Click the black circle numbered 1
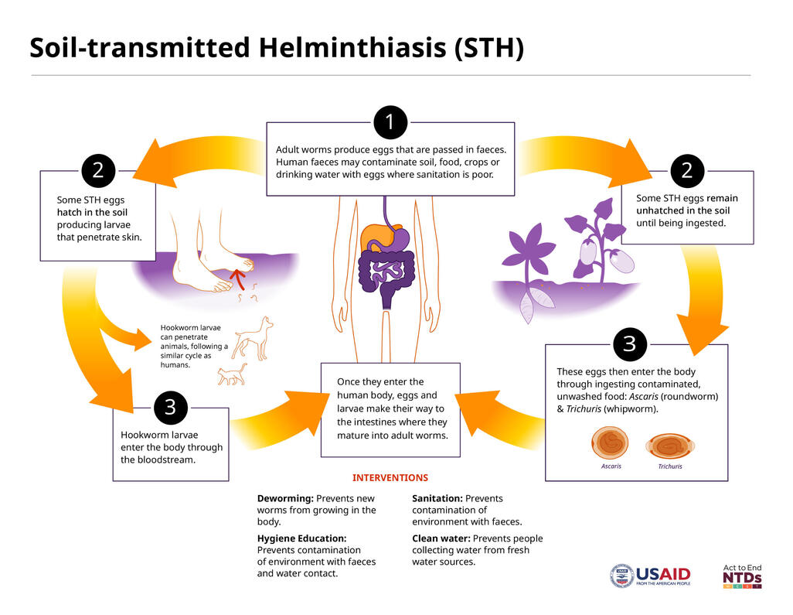[x=390, y=122]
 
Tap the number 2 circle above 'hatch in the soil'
[x=98, y=171]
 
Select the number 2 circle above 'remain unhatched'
[x=686, y=171]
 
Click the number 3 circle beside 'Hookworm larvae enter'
[x=170, y=408]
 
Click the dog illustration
[x=253, y=338]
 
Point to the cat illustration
[x=231, y=374]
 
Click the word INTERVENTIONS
[x=390, y=478]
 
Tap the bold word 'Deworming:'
[x=285, y=499]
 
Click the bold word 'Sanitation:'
[x=437, y=499]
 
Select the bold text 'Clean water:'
[x=441, y=538]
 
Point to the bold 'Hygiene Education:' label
[x=301, y=538]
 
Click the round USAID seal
[x=621, y=576]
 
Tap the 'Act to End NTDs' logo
[x=742, y=576]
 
